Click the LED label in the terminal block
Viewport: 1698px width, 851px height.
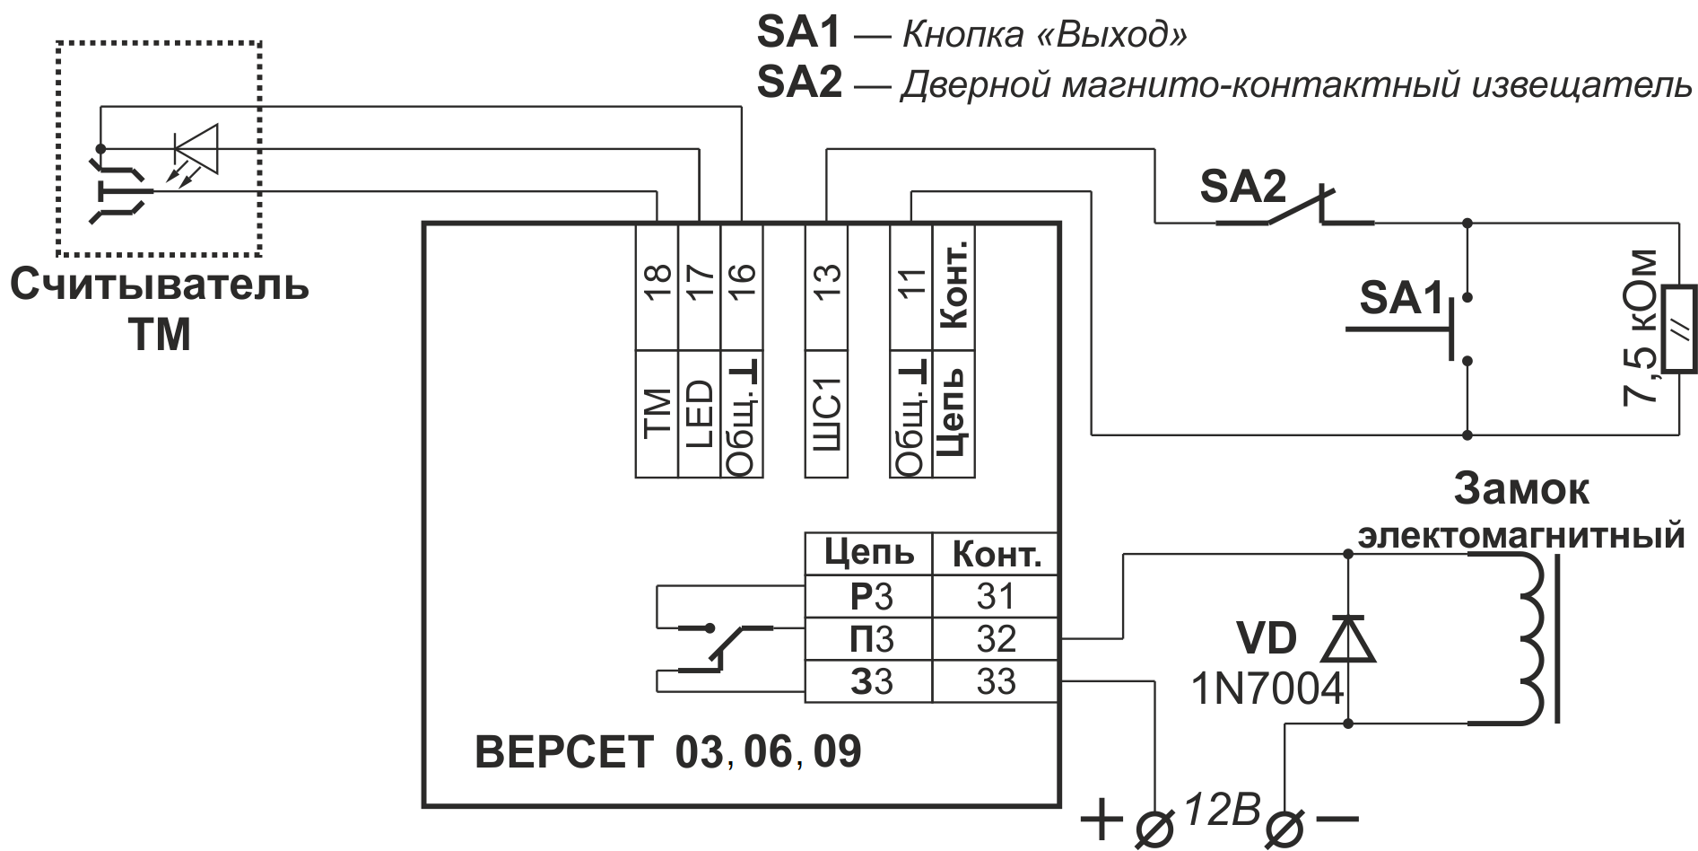(x=699, y=413)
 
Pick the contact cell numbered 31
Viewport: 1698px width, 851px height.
(x=996, y=596)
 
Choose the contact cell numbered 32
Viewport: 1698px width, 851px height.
(x=996, y=639)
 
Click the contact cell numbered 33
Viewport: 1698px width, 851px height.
(x=996, y=682)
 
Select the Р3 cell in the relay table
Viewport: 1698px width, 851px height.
(x=868, y=596)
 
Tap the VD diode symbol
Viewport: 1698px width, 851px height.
(x=1348, y=638)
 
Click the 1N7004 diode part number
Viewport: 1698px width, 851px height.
(x=1267, y=689)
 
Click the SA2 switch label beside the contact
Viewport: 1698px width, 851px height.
(x=1242, y=188)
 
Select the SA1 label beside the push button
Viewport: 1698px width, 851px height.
(x=1402, y=298)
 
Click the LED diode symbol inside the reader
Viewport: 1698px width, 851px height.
(x=196, y=148)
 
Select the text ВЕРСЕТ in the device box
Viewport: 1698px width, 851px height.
(x=564, y=752)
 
